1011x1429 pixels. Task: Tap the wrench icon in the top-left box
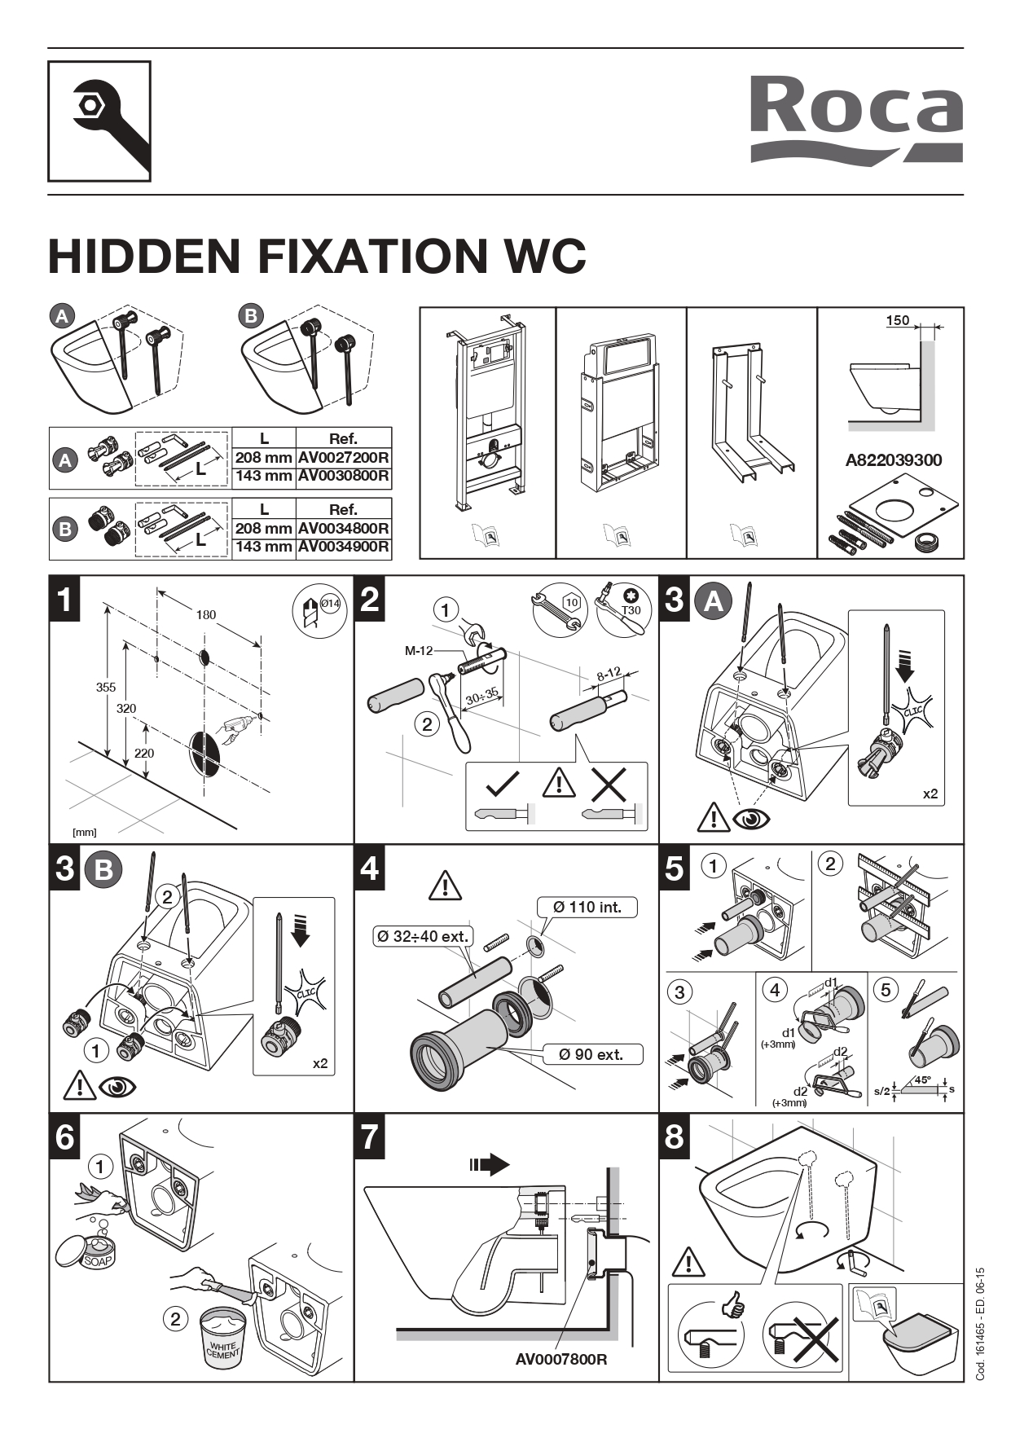(100, 121)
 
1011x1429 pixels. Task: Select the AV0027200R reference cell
(343, 458)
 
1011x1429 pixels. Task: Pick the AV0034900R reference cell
(343, 547)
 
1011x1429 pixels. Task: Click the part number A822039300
(893, 460)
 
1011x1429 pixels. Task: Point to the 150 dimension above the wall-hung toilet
(897, 321)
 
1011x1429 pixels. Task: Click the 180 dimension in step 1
(205, 614)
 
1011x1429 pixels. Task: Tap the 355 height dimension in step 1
(106, 687)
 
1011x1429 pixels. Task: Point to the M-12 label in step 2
(419, 650)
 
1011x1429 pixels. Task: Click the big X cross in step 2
(609, 785)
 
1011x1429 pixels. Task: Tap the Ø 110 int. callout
(587, 907)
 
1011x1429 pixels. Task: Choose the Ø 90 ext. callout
(591, 1054)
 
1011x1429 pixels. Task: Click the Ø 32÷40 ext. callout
(423, 936)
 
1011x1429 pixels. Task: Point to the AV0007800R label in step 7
(561, 1359)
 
